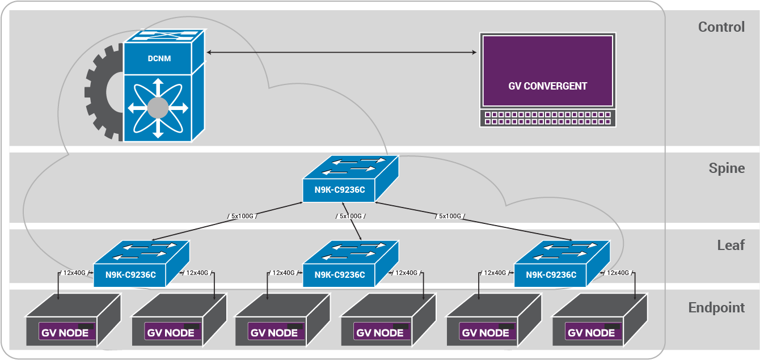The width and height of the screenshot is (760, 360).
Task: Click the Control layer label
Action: pyautogui.click(x=721, y=27)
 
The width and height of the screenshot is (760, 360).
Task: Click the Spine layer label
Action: pyautogui.click(x=727, y=168)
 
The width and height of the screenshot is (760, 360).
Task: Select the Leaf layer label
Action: pyautogui.click(x=731, y=245)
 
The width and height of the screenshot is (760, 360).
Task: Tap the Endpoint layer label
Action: pyautogui.click(x=716, y=307)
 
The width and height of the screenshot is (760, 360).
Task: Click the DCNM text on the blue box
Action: pyautogui.click(x=159, y=58)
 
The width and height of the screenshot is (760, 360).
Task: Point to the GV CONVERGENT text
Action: pyautogui.click(x=547, y=86)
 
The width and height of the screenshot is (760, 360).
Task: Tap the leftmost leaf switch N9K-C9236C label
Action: pyautogui.click(x=130, y=275)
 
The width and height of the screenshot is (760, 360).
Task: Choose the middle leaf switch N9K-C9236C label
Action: pyautogui.click(x=340, y=275)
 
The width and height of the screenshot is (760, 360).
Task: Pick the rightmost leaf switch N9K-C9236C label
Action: pyautogui.click(x=551, y=275)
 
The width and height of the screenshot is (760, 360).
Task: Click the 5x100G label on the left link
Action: pyautogui.click(x=242, y=216)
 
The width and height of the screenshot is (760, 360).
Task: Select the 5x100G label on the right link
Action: pyautogui.click(x=450, y=216)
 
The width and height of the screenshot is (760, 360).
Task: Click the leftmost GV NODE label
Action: pyautogui.click(x=66, y=332)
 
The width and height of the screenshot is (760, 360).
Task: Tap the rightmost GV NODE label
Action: pyautogui.click(x=591, y=332)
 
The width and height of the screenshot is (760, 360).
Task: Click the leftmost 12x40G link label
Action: pyautogui.click(x=74, y=273)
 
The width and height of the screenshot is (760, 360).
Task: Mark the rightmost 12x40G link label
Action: pyautogui.click(x=618, y=273)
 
